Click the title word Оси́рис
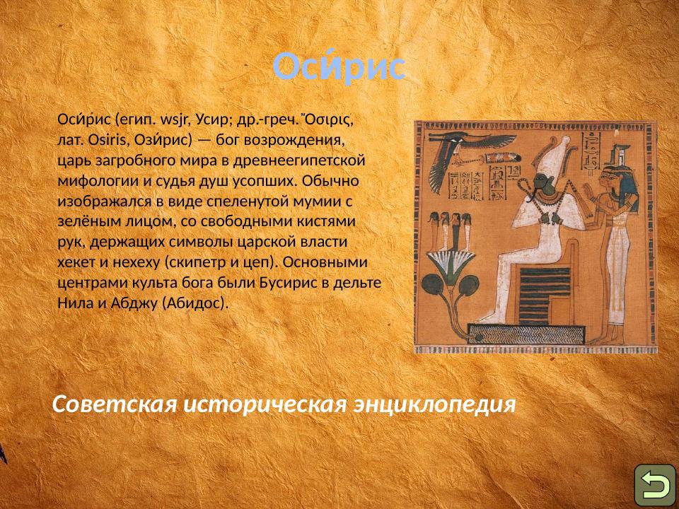click(339, 67)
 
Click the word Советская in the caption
click(114, 404)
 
